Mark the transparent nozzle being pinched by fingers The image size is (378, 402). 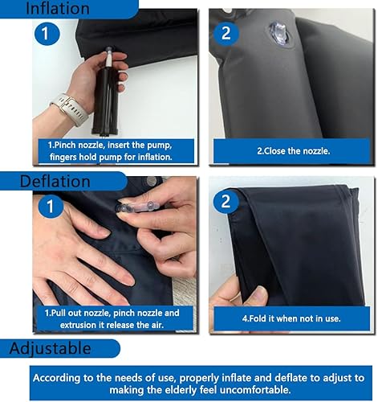click(x=136, y=207)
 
